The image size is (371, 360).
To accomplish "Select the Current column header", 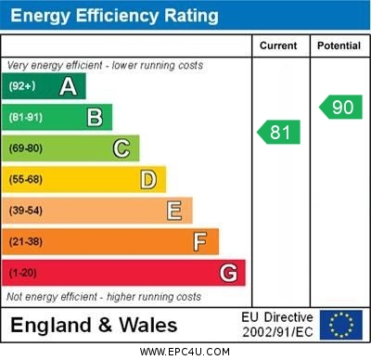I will tap(278, 45).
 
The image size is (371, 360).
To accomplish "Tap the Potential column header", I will tap(339, 45).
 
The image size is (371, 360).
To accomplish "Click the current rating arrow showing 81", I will tap(279, 133).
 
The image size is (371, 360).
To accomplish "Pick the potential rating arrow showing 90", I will tap(340, 107).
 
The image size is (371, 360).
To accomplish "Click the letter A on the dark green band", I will tap(68, 86).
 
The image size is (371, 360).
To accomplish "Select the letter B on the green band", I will tap(95, 117).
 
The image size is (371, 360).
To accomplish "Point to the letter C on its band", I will tap(121, 148).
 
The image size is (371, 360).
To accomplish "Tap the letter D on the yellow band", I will tap(147, 179).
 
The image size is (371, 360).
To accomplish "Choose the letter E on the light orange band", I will tap(173, 211).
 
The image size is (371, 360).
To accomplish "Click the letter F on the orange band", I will tap(199, 241).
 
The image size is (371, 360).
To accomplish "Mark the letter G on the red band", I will tap(227, 273).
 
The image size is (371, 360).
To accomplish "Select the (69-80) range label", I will tap(26, 148).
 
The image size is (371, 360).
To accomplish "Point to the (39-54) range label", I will tap(26, 211).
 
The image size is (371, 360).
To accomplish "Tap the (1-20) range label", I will tap(23, 273).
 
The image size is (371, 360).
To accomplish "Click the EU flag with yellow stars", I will tap(341, 325).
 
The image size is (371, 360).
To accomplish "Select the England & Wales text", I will tap(94, 325).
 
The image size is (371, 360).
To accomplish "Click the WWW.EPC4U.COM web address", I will tap(185, 353).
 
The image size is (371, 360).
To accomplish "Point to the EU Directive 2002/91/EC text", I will tap(277, 325).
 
